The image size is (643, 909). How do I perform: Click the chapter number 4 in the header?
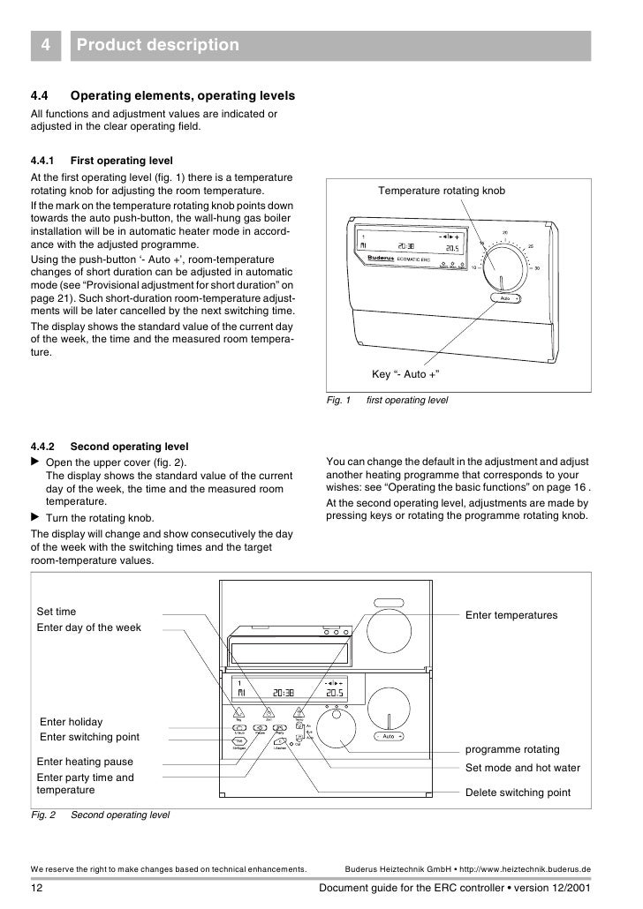click(43, 44)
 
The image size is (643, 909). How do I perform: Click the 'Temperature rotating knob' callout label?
click(442, 191)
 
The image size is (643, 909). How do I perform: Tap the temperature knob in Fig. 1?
click(502, 263)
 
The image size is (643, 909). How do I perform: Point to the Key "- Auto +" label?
click(405, 373)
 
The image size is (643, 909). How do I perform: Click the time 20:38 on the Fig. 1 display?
click(406, 247)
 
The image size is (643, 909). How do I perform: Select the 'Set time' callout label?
click(56, 611)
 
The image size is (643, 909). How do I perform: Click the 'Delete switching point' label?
click(518, 793)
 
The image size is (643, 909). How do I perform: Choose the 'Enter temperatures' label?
click(511, 613)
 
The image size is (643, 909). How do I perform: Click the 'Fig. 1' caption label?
click(339, 401)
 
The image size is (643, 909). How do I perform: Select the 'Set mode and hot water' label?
click(523, 768)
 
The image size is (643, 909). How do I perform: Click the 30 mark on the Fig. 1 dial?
click(539, 269)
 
